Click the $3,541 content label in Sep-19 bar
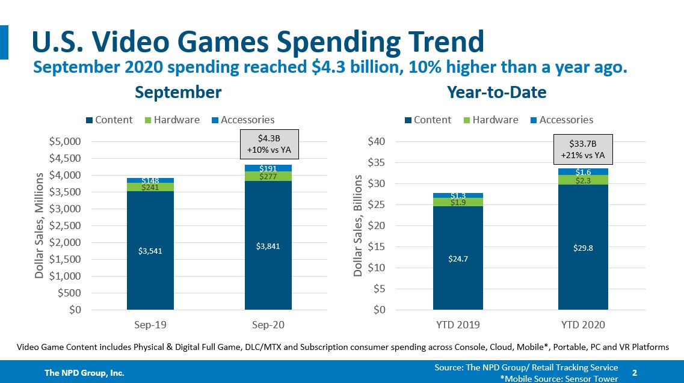[x=150, y=250]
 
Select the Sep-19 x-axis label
[x=150, y=325]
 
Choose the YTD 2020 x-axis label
[x=584, y=325]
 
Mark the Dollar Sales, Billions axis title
[x=358, y=225]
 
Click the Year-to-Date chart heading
[x=496, y=92]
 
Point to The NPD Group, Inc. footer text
[x=84, y=373]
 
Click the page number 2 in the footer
[x=635, y=373]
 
